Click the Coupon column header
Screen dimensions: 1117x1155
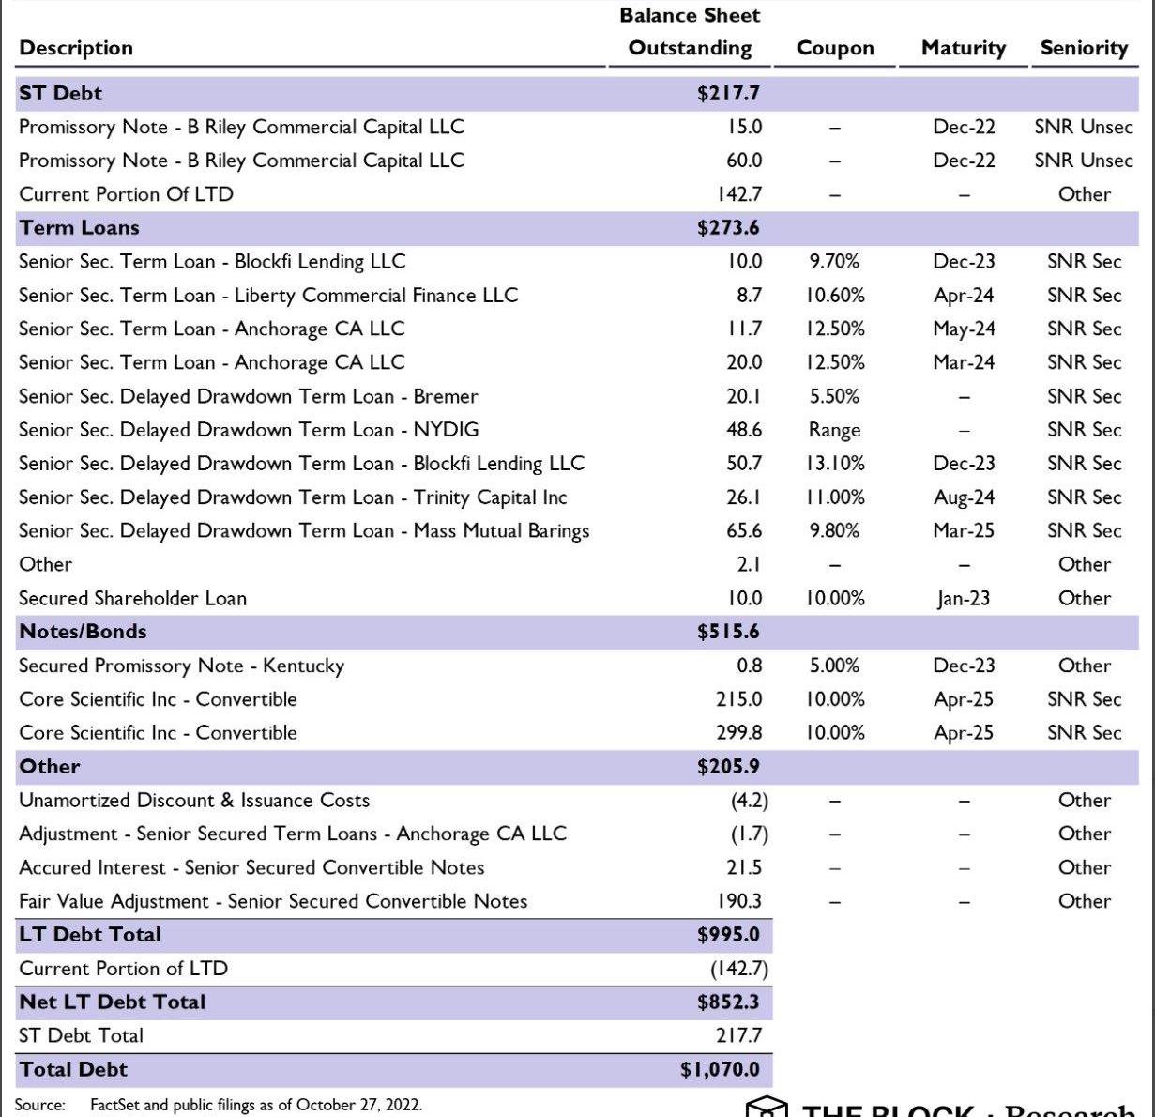834,48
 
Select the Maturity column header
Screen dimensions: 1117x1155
963,48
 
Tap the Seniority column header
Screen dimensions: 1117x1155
1084,48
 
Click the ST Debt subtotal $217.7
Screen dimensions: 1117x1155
728,93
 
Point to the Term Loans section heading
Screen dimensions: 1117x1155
79,227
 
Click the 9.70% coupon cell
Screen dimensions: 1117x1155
834,262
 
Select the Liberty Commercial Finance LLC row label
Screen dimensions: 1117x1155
268,296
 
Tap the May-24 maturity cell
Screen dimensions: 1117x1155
964,329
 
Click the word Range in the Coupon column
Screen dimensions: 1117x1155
834,431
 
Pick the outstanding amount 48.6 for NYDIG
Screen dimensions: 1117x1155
744,430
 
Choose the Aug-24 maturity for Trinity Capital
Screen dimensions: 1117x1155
964,497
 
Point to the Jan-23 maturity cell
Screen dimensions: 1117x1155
964,599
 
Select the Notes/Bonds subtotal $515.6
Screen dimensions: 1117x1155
728,632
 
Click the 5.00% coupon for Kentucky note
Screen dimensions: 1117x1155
834,666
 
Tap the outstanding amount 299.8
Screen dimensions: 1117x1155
739,733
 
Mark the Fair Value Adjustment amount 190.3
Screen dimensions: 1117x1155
739,901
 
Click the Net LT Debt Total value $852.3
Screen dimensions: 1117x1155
728,1002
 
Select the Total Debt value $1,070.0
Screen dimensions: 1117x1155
720,1069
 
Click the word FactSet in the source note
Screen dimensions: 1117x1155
115,1105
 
